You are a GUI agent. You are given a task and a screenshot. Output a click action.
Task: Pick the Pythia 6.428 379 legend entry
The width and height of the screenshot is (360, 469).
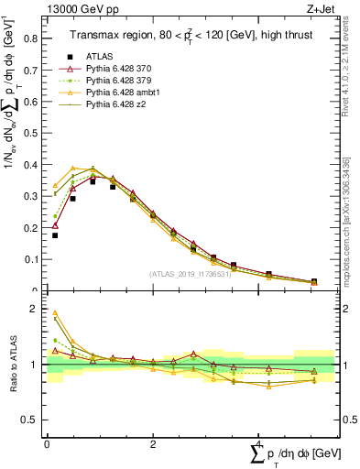(121, 81)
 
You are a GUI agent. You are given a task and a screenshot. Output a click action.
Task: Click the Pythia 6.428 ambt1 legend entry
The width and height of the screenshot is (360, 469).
(124, 94)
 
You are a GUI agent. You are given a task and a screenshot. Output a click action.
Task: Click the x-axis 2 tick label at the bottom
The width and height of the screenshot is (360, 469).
(153, 444)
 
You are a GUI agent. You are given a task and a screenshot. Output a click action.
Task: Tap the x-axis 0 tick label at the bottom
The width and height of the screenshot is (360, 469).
(47, 444)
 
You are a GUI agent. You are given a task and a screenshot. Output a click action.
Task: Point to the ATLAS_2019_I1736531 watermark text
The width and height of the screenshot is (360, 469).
(191, 274)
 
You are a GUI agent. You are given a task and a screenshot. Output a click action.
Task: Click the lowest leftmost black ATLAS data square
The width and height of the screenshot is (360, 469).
(55, 235)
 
